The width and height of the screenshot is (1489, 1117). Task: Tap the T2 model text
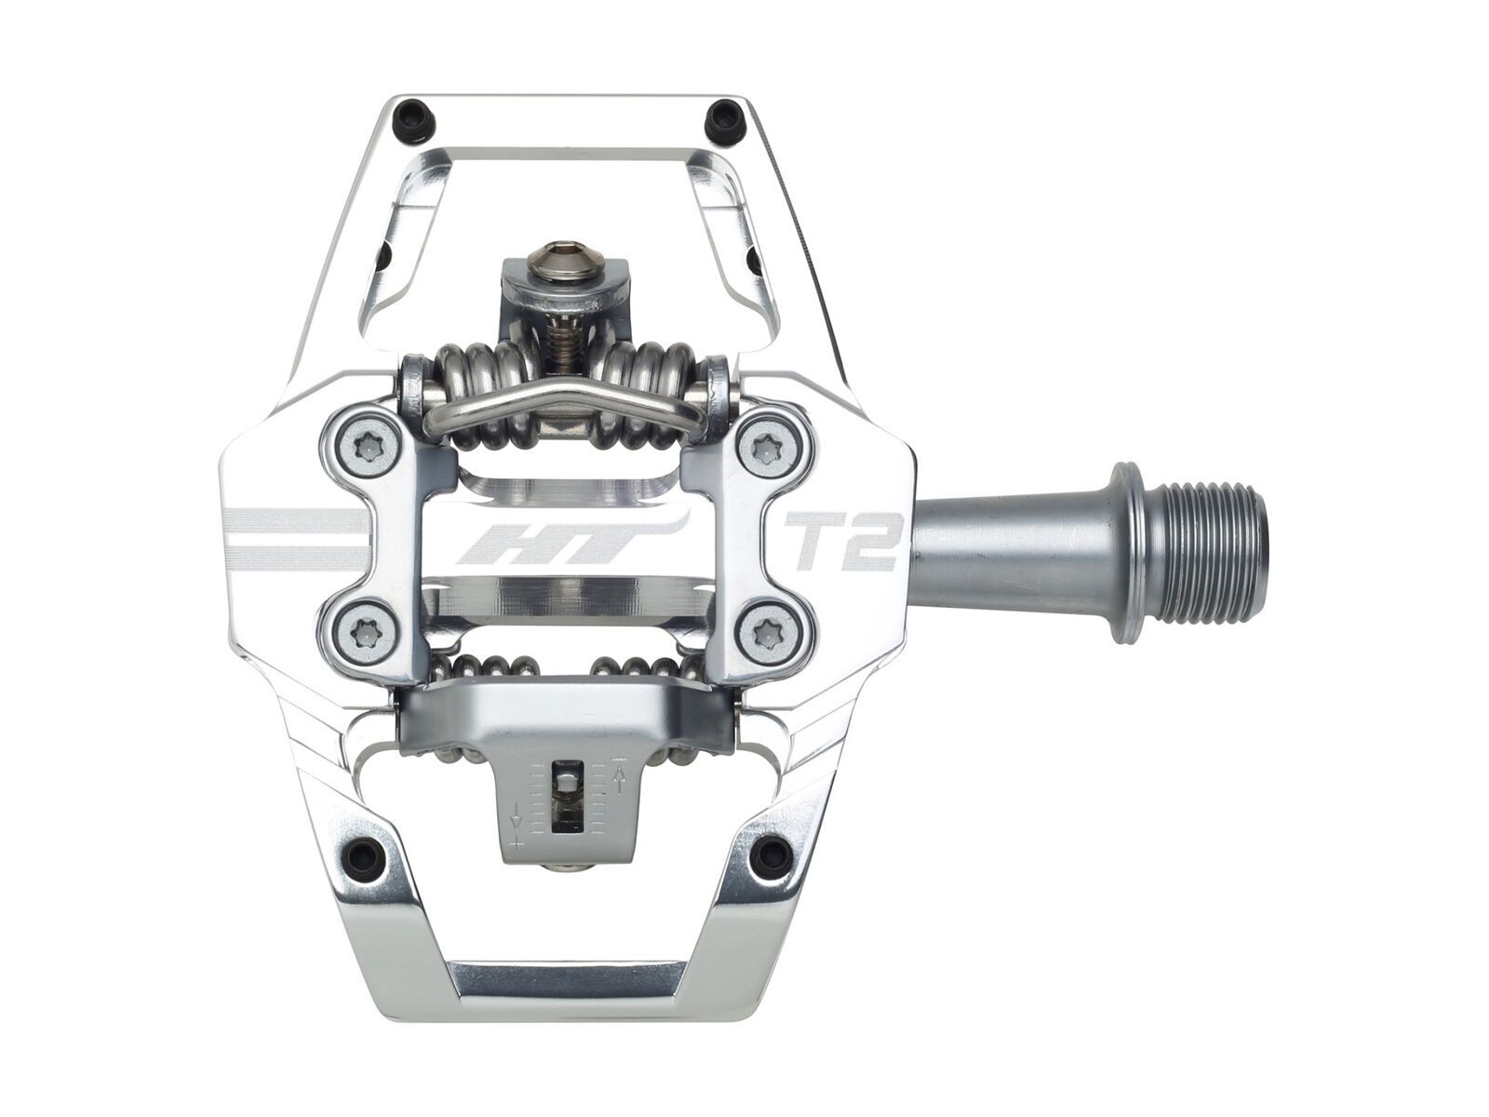(x=842, y=540)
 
